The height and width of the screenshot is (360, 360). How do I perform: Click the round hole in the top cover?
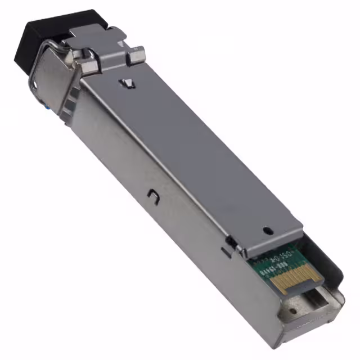click(x=268, y=229)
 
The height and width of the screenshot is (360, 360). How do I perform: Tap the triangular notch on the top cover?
click(x=129, y=84)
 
